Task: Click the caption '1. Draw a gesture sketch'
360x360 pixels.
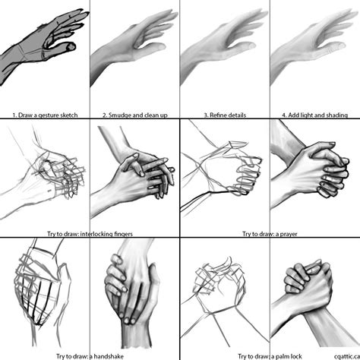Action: [45, 115]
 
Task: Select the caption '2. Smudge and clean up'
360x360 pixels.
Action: [135, 115]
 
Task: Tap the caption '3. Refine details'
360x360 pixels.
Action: [225, 115]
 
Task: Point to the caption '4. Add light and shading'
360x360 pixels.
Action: [315, 115]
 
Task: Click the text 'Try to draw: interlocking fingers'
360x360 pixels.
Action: [90, 234]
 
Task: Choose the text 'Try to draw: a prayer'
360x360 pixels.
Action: [270, 234]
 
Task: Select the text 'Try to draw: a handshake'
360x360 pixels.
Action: [90, 356]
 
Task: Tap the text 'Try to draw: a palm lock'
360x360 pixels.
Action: [270, 356]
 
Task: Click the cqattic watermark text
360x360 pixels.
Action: [347, 356]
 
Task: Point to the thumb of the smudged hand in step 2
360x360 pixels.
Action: [153, 47]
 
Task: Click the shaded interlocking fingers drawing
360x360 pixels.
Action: [134, 172]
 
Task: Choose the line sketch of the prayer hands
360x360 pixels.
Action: [222, 169]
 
